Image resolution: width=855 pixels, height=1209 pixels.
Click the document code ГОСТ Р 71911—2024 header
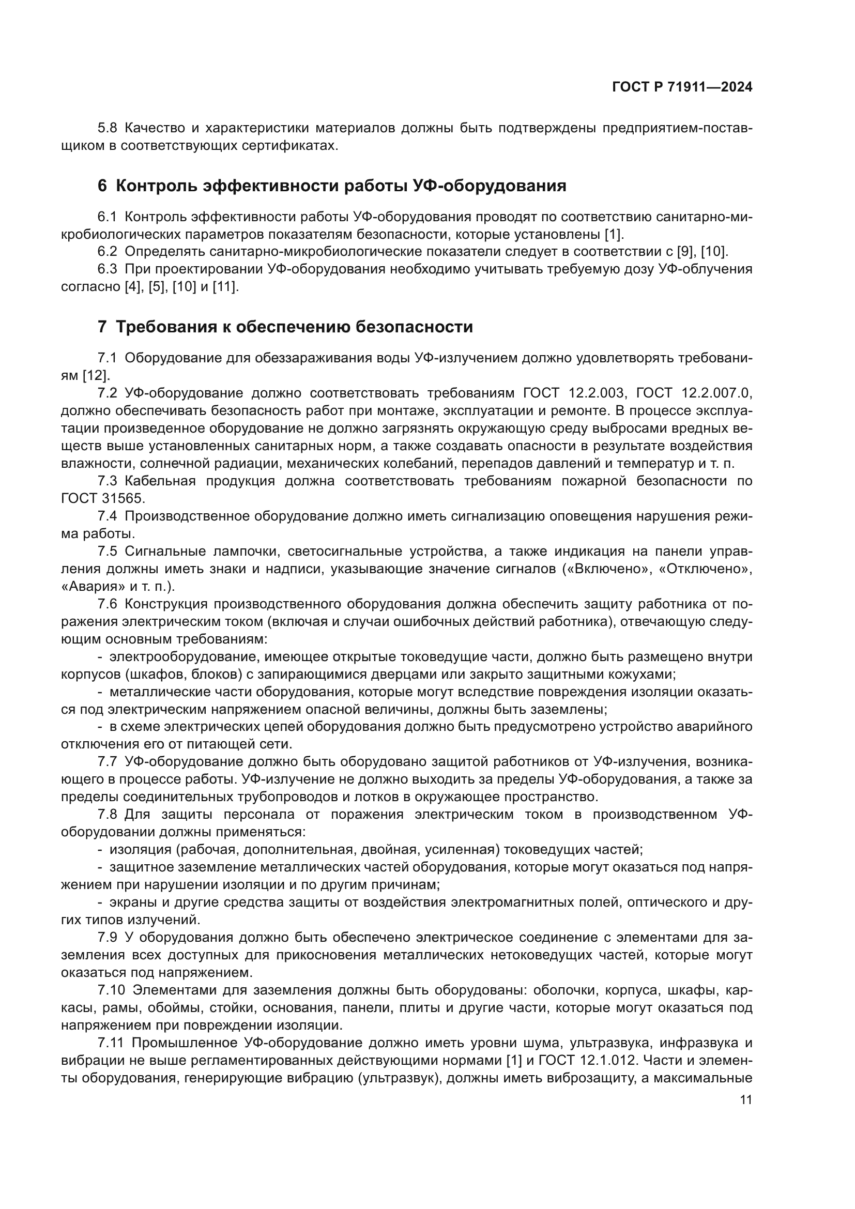tap(682, 87)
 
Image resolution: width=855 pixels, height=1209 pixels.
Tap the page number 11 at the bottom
tap(745, 1099)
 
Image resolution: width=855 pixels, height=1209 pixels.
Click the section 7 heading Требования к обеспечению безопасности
tap(285, 327)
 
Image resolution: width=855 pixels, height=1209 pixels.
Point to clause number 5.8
tap(108, 128)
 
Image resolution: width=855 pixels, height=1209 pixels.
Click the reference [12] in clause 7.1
tap(96, 375)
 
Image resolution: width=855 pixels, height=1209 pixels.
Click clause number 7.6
tap(108, 603)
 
